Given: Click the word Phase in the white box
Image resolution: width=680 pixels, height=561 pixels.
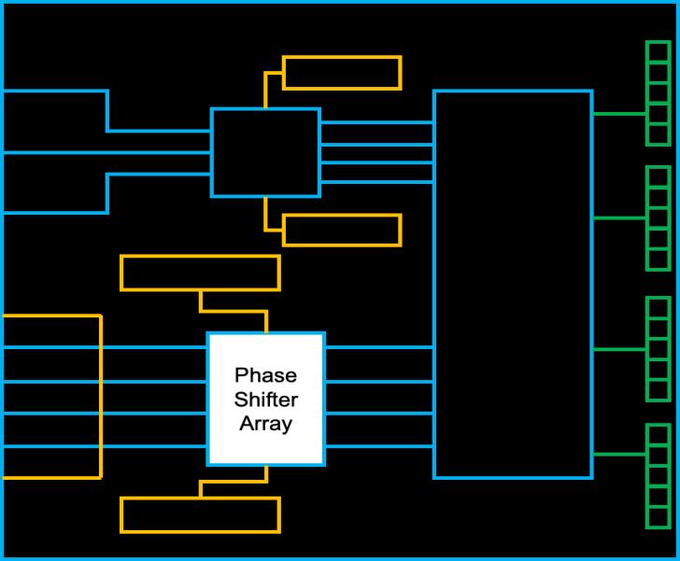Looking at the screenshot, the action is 265,375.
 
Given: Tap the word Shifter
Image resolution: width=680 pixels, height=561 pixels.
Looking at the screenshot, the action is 266,400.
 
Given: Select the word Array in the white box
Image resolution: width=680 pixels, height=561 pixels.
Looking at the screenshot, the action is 266,424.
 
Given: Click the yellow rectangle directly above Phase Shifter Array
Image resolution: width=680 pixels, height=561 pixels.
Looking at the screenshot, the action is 200,273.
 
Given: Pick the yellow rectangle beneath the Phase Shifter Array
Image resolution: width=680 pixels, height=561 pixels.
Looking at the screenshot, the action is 200,515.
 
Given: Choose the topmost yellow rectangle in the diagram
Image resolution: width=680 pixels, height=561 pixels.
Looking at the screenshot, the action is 342,73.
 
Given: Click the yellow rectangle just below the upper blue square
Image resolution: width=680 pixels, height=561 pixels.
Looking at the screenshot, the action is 342,231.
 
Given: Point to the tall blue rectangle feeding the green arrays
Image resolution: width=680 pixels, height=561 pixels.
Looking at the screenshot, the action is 513,285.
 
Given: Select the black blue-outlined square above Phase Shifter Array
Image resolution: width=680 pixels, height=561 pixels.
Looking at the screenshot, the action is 265,152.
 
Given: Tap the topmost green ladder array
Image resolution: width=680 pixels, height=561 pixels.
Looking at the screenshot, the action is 659,93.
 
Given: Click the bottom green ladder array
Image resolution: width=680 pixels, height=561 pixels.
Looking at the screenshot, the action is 659,476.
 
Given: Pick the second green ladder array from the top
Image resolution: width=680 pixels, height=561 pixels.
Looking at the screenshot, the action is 659,218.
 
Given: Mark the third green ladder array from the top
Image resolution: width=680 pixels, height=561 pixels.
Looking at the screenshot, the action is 659,349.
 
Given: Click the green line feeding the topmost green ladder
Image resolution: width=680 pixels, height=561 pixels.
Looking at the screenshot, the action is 619,114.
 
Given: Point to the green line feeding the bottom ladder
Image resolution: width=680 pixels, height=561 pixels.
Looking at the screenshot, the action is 619,455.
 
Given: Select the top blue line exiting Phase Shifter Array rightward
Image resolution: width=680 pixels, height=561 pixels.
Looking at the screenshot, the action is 379,347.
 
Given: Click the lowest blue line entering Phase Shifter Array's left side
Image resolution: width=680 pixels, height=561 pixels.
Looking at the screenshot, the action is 105,446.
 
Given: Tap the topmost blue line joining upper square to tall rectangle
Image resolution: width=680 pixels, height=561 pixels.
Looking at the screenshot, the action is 376,122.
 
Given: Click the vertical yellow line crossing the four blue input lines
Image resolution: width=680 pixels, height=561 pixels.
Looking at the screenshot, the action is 101,397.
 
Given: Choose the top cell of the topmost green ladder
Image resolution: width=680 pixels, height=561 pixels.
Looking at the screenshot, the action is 659,52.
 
